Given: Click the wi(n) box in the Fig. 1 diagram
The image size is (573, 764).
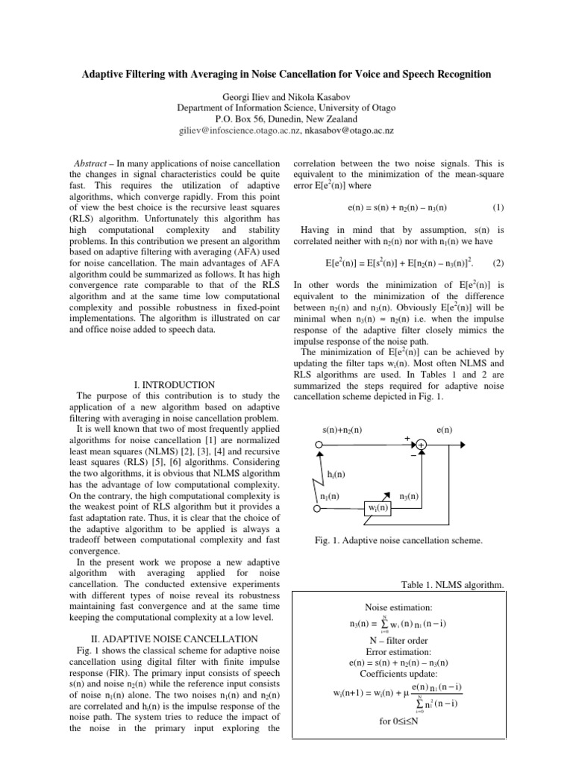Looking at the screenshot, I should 379,508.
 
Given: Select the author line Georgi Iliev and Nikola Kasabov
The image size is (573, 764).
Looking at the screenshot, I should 286,96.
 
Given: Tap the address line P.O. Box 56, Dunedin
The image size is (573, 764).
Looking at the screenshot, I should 286,119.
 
